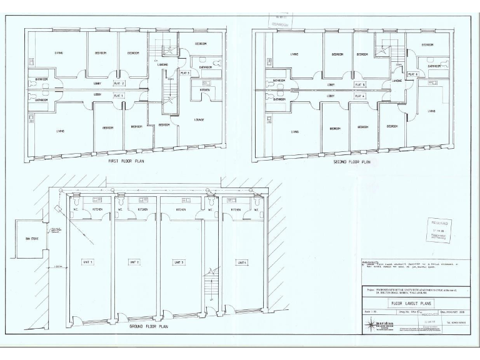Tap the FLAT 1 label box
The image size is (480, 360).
pos(118,95)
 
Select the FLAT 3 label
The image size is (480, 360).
pos(185,73)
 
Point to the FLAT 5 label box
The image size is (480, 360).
pos(359,84)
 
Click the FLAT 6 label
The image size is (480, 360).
pos(412,74)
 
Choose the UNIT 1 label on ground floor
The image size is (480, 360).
pos(87,261)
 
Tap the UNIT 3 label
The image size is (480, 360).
pos(179,261)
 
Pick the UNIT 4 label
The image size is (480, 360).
pos(241,261)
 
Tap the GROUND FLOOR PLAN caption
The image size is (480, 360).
pos(147,326)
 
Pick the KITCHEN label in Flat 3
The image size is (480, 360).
pos(204,90)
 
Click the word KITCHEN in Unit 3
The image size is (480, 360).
pos(181,209)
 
